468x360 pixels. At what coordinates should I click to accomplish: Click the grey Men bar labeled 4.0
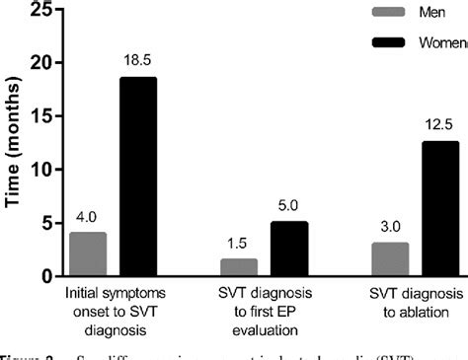(x=87, y=254)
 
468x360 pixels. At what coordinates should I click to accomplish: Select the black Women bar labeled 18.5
(x=137, y=178)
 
